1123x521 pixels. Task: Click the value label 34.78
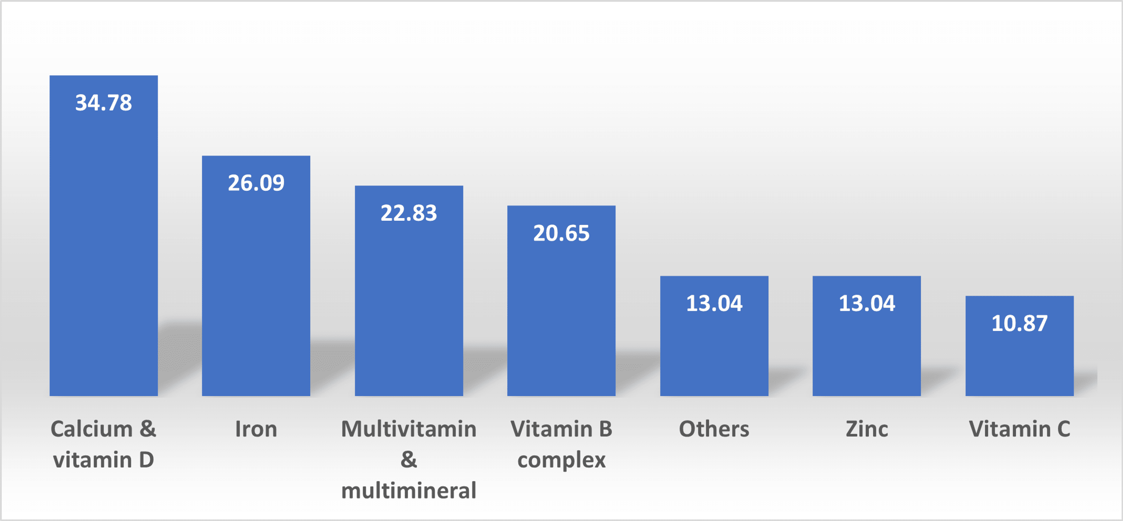103,103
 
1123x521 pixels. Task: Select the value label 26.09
256,183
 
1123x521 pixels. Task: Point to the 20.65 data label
561,233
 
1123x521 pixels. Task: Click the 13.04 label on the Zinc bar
867,303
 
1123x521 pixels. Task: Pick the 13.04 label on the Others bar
714,303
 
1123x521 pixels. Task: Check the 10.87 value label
1019,323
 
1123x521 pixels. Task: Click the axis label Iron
256,429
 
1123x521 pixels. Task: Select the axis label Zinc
867,429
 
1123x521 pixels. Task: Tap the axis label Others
714,429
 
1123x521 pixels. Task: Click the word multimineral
408,490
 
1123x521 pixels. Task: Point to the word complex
561,460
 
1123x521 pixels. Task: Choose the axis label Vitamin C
1019,429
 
